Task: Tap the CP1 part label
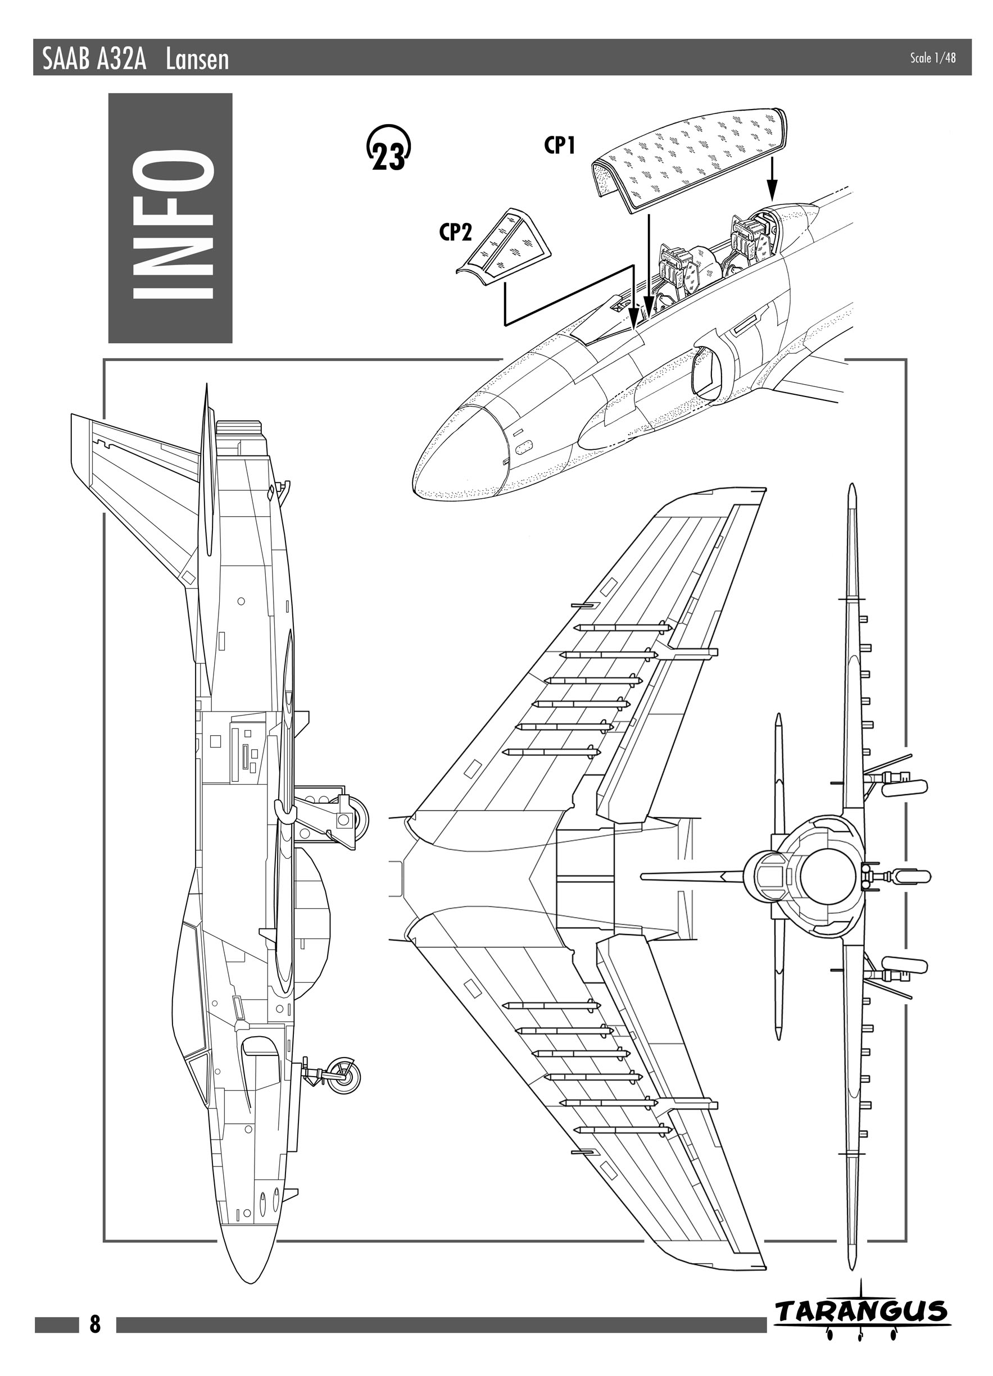coord(559,145)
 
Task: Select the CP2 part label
coord(456,233)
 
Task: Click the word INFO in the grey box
coord(171,218)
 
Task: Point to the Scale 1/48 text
coord(933,58)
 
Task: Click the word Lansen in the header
coord(197,60)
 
